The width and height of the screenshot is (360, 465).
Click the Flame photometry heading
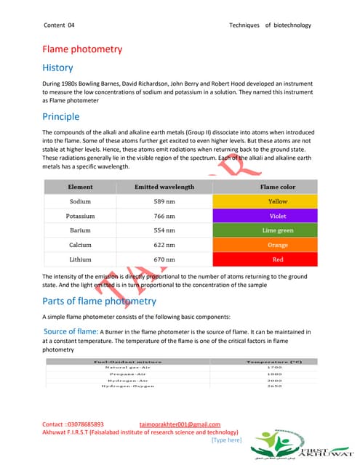coord(81,49)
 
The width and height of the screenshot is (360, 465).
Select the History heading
coord(57,68)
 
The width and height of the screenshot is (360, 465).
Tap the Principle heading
coord(61,116)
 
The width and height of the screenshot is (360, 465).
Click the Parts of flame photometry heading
coord(100,301)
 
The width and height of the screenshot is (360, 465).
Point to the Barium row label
coord(80,230)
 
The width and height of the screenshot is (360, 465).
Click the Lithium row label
coord(80,259)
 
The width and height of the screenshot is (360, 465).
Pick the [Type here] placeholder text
coord(225,440)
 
